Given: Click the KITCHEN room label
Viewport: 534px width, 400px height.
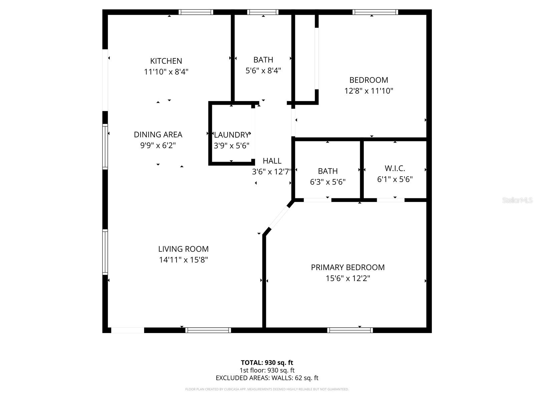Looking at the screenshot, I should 166,61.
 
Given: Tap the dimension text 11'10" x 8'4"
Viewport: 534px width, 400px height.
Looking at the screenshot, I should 166,72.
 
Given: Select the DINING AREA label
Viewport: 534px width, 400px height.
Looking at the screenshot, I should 158,135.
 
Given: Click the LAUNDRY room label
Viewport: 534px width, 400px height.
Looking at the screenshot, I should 231,135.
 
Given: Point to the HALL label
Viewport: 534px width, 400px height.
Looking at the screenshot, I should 272,161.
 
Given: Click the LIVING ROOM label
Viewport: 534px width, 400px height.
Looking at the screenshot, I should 183,249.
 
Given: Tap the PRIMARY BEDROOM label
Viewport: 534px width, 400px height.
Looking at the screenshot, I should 347,267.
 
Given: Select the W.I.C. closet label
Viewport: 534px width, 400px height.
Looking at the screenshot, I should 395,168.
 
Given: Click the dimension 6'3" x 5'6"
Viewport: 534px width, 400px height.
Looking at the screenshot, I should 327,182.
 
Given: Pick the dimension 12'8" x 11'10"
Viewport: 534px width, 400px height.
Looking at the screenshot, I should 369,91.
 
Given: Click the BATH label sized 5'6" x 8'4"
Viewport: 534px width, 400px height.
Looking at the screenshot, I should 263,60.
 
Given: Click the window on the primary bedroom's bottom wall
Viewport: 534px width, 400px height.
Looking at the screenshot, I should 350,330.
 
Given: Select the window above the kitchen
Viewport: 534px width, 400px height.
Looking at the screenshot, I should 196,12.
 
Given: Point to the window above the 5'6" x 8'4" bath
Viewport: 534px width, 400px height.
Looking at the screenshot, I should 263,12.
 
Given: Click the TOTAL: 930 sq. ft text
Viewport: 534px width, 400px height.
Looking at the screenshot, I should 267,363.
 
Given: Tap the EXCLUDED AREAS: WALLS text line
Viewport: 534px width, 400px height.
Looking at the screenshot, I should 267,378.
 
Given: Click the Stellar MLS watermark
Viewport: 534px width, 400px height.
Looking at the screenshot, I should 517,200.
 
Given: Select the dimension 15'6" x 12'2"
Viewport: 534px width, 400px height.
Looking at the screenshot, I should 347,278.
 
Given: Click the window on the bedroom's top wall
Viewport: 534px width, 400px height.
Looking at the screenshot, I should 375,12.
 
